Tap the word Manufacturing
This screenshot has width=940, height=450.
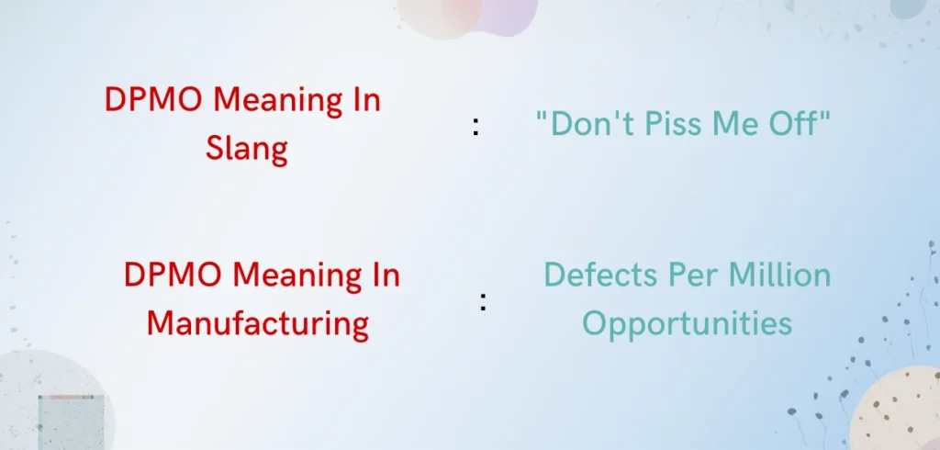coord(258,322)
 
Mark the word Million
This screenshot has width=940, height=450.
coord(778,275)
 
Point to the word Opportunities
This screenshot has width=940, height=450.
coord(687,322)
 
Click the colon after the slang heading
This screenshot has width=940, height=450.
coord(476,128)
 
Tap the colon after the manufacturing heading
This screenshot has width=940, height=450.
coord(482,302)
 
